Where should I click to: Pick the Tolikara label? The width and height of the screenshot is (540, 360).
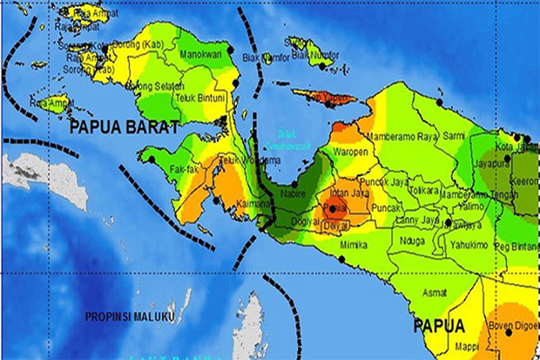point(423,188)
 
